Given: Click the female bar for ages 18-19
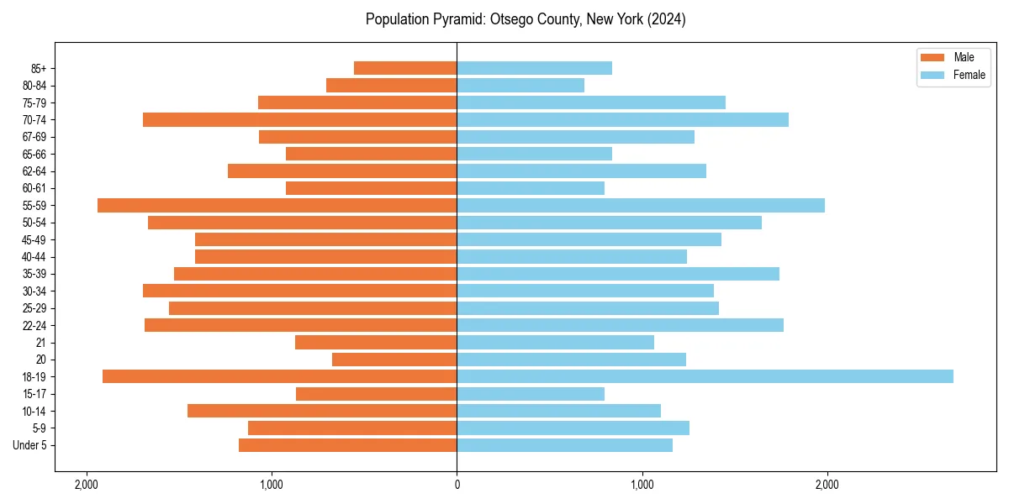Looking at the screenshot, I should click(x=705, y=376).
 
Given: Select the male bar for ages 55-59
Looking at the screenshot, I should click(x=277, y=205).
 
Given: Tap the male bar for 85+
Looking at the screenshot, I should click(x=405, y=68).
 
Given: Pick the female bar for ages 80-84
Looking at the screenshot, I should click(x=520, y=85).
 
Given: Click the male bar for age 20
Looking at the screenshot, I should click(x=394, y=360).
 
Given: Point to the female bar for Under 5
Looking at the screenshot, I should click(x=564, y=445).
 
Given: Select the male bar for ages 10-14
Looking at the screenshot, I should click(x=322, y=411).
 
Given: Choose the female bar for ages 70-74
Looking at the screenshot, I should click(x=622, y=119).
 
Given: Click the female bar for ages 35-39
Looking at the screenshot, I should click(x=618, y=274).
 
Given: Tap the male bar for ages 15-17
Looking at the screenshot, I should click(x=377, y=393).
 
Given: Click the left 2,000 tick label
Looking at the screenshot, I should click(x=87, y=485).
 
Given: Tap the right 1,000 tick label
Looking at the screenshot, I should click(x=642, y=485).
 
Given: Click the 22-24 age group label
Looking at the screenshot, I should click(x=34, y=325).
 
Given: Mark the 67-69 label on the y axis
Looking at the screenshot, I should click(x=34, y=137).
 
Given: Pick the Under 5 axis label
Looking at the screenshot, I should click(x=30, y=445).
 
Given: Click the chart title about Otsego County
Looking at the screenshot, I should click(x=526, y=19).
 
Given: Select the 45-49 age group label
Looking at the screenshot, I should click(x=34, y=239).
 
